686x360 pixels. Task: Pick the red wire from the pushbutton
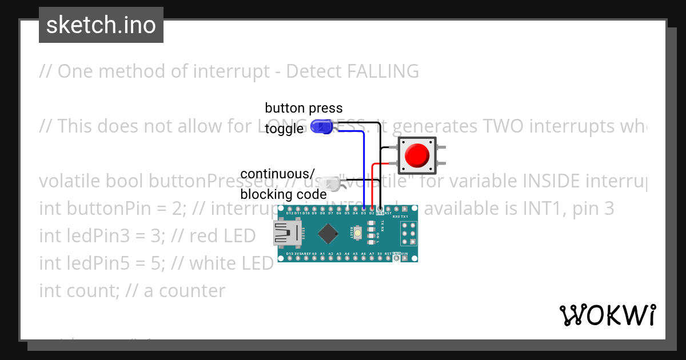(373, 183)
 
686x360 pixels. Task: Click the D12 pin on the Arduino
(290, 214)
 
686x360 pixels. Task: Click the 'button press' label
(304, 108)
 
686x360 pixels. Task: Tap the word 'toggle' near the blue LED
(284, 129)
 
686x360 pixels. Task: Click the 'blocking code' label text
(284, 194)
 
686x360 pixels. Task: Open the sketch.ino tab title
(101, 25)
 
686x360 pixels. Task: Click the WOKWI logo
(607, 315)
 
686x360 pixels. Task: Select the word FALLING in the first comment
(383, 71)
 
